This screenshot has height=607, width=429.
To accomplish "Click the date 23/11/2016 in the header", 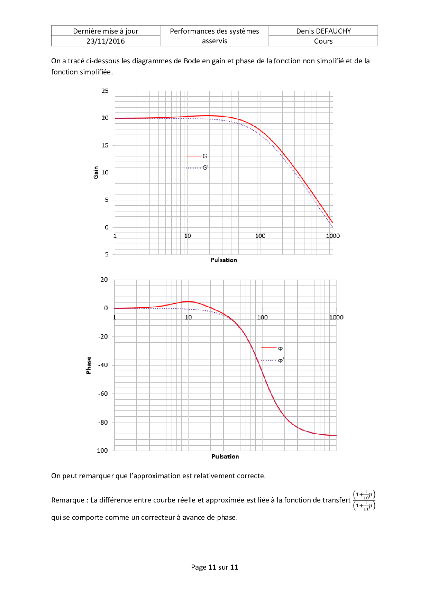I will (106, 41).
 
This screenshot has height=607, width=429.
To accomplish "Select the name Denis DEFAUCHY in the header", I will (323, 31).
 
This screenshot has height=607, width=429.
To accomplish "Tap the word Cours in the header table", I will (323, 41).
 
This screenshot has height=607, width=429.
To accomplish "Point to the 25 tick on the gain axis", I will (105, 91).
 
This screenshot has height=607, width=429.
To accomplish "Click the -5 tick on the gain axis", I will (106, 254).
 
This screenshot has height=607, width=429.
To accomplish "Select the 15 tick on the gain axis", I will (105, 145).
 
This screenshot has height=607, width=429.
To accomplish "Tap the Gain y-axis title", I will (96, 172).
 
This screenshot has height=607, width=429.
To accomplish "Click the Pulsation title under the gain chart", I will (224, 260).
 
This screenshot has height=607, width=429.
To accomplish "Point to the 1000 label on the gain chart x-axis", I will (333, 236).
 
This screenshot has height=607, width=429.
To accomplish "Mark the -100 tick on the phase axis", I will (101, 451).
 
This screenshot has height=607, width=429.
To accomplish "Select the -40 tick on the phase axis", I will (103, 365).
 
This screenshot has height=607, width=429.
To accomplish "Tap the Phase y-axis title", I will (89, 365).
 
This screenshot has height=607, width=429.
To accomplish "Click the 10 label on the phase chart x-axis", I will (188, 317).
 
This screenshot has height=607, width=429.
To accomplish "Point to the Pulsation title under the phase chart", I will (225, 456).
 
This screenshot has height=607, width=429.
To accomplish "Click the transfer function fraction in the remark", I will (364, 500).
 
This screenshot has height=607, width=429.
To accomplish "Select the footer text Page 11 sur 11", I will (214, 567).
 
